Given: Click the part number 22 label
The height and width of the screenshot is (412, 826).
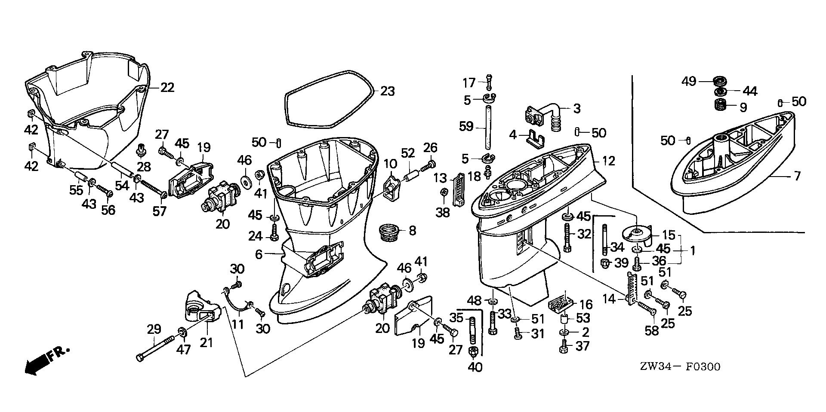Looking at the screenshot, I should click(167, 88).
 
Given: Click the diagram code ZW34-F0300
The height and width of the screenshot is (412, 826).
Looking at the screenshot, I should click(679, 366).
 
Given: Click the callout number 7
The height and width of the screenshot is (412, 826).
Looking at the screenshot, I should click(797, 176).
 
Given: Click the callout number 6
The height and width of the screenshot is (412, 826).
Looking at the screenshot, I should click(258, 254).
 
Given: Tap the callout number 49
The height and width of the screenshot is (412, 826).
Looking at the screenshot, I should click(689, 81).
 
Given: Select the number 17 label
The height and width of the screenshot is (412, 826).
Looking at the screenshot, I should click(469, 82).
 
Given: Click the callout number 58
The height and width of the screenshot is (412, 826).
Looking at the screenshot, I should click(652, 331).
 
